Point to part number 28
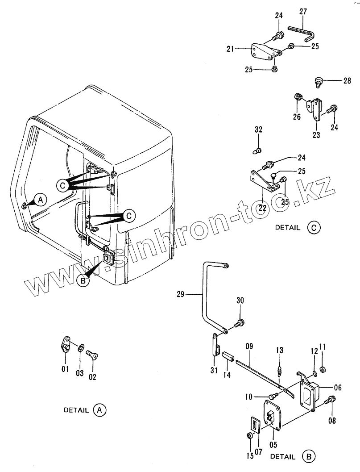[347, 81]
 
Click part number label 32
[259, 130]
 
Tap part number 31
[213, 370]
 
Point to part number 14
[227, 375]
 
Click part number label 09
[249, 345]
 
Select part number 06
[337, 388]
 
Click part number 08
[331, 420]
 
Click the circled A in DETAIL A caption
[99, 409]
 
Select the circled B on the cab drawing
[83, 280]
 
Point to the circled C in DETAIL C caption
[314, 227]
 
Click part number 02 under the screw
[92, 376]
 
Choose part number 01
[65, 369]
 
